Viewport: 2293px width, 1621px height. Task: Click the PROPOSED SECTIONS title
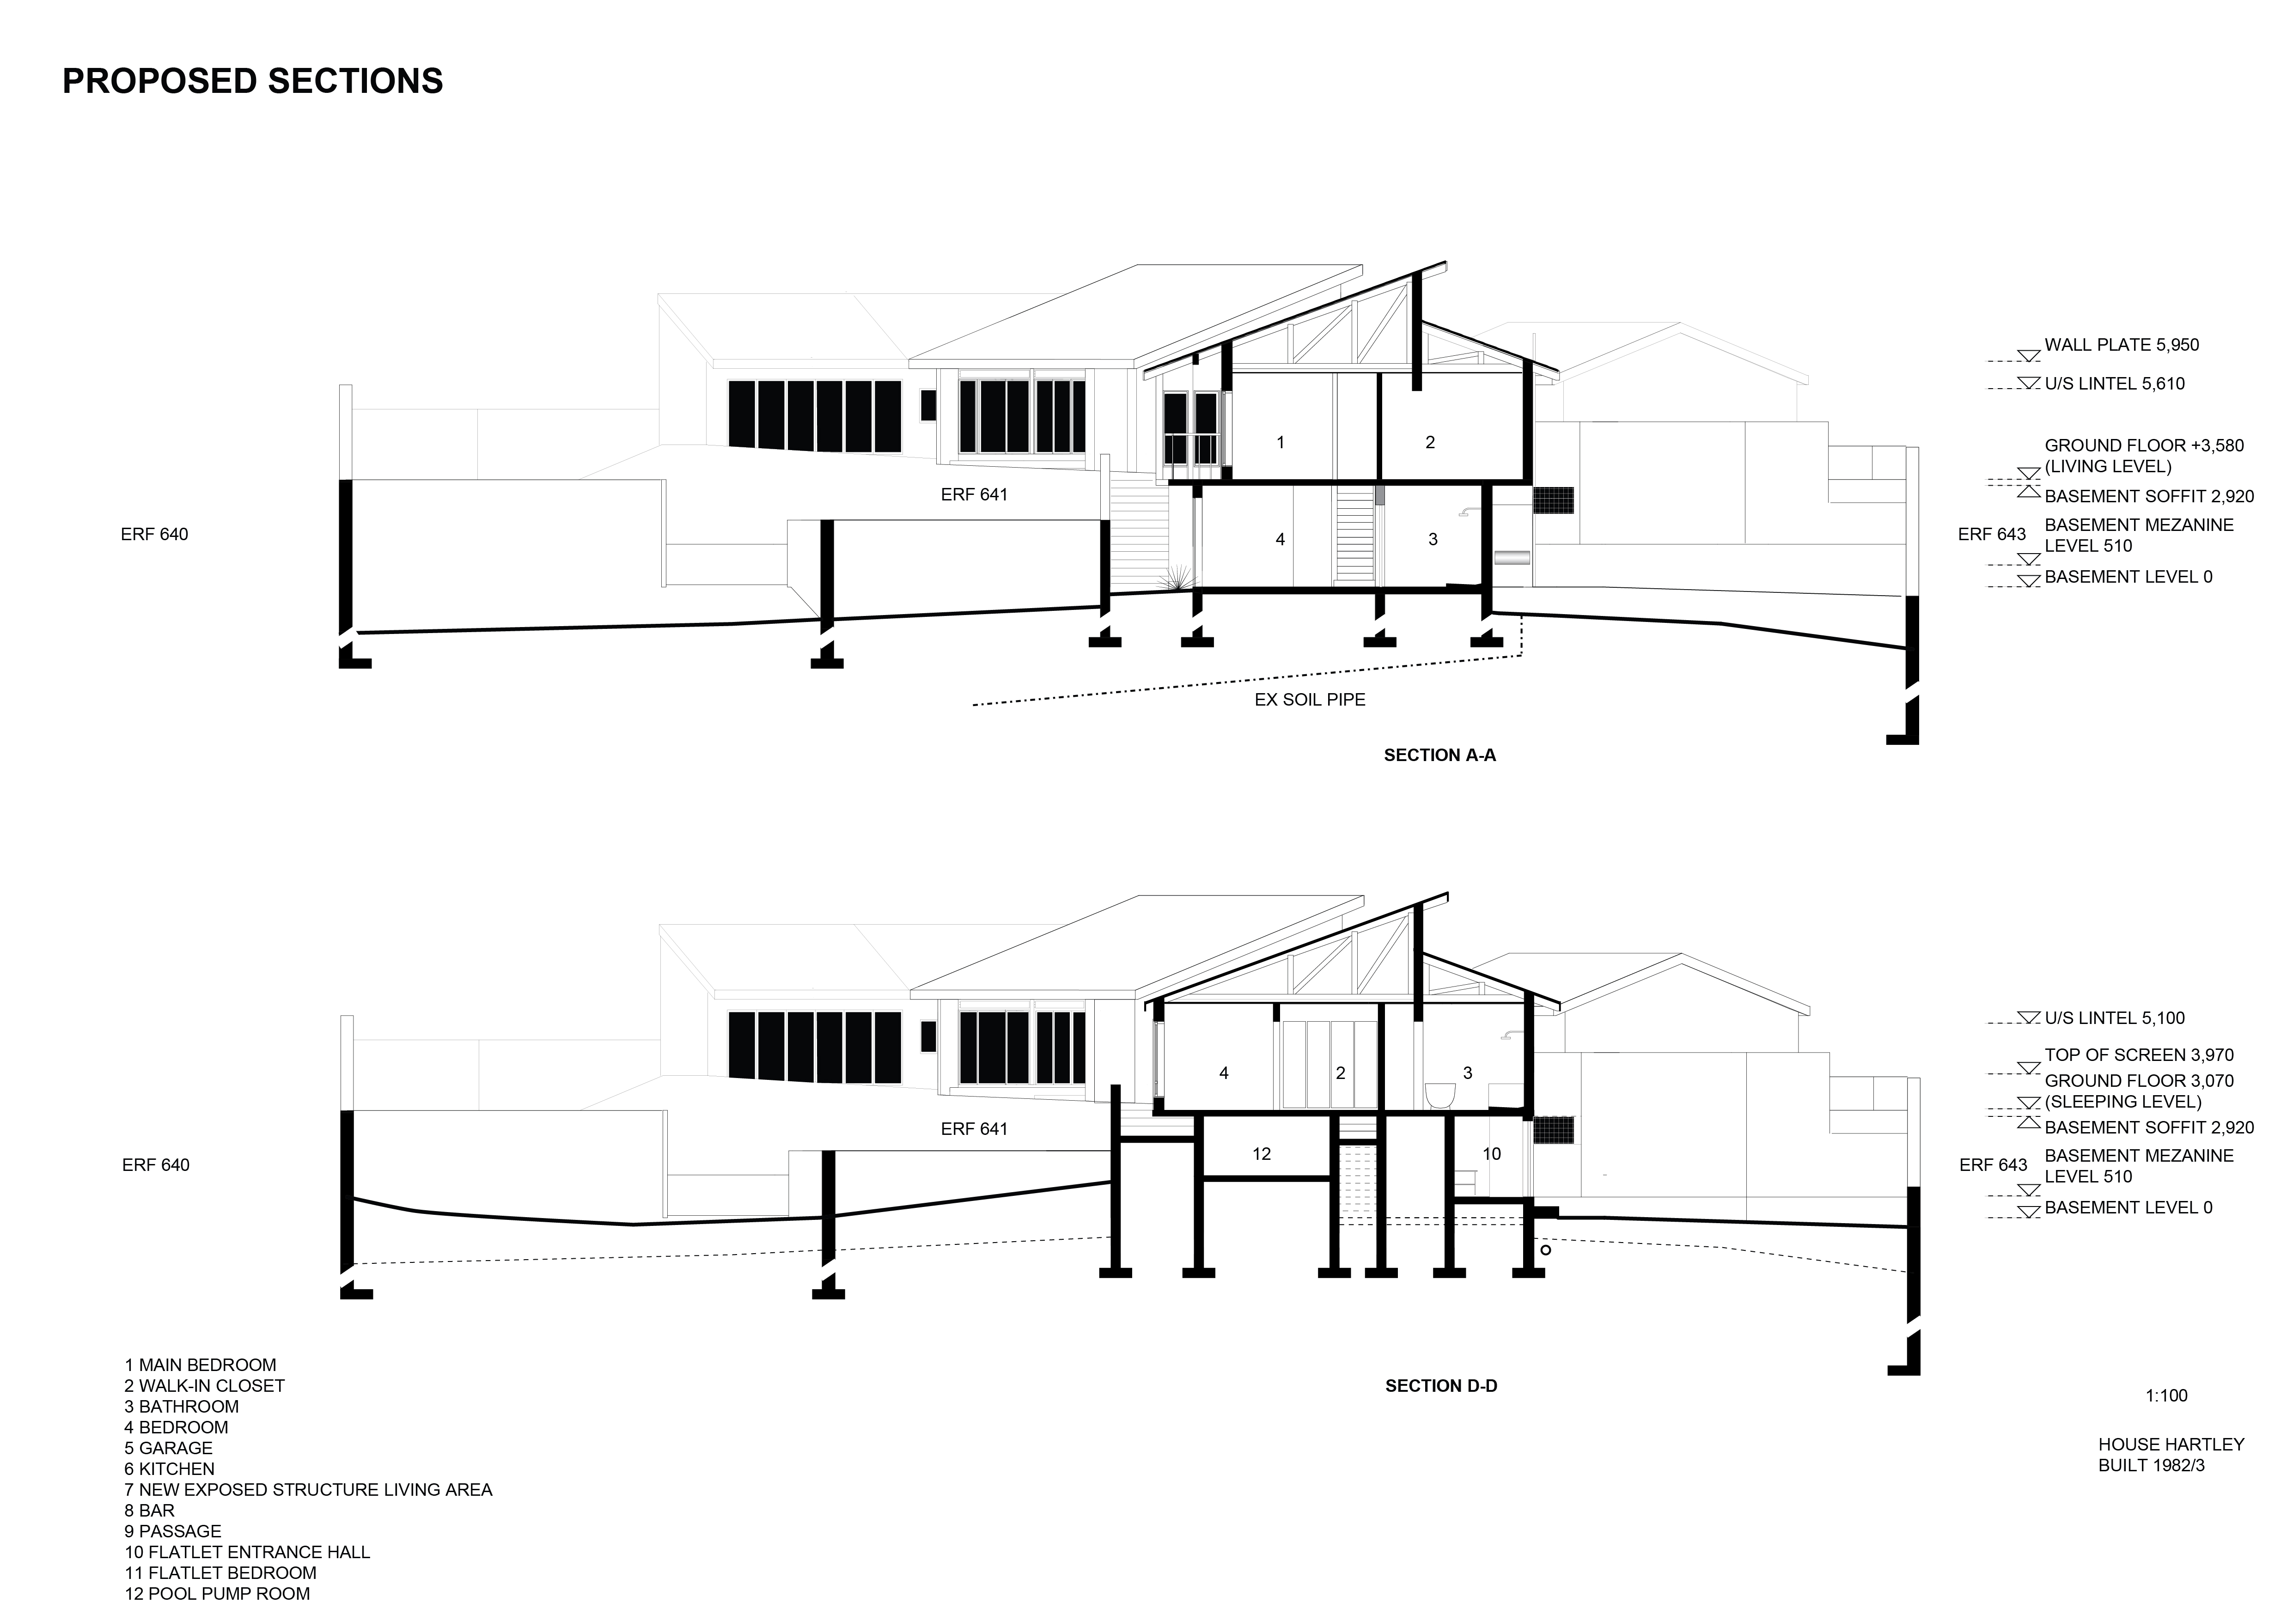(253, 81)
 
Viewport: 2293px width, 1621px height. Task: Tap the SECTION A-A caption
(1439, 755)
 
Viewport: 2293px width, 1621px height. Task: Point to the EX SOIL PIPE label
(1309, 700)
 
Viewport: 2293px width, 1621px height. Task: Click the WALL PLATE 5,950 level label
(2121, 345)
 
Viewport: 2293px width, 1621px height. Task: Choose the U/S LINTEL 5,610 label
(2114, 384)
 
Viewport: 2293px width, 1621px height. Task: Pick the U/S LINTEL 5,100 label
(2114, 1018)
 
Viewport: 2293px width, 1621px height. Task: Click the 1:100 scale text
(2166, 1396)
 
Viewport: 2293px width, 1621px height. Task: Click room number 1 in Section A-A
(1281, 443)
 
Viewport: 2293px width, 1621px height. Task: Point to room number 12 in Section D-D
(1262, 1153)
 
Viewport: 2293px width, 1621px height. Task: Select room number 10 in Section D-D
(1491, 1153)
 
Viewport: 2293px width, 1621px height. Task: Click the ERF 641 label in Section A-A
(974, 494)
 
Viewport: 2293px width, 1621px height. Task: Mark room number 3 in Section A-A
(1432, 539)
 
